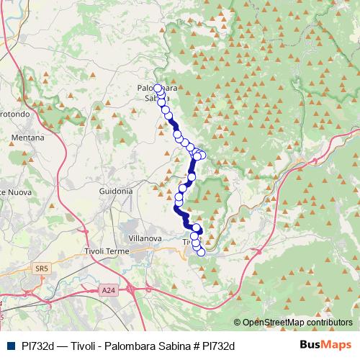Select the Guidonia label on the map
[115, 192]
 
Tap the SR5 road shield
[41, 269]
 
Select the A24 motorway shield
[108, 291]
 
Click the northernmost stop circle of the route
[158, 89]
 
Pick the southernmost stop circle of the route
[201, 252]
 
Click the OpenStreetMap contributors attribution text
[297, 323]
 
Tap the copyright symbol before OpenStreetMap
[238, 323]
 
